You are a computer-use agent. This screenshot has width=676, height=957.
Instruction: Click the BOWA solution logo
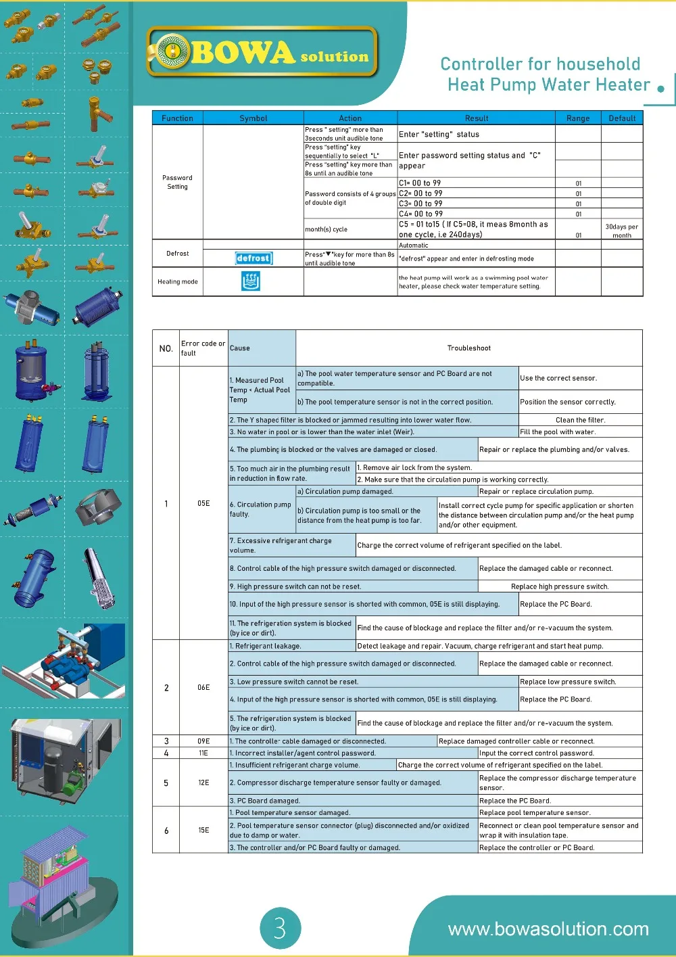(262, 52)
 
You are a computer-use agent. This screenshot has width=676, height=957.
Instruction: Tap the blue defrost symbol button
(254, 258)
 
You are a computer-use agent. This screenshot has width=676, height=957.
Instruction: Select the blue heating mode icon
(251, 281)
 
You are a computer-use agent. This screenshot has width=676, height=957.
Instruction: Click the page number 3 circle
(280, 927)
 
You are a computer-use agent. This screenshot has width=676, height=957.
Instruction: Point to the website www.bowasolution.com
(548, 929)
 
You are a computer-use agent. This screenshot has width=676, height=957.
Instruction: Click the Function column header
(177, 118)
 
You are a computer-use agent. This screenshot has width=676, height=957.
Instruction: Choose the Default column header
(622, 118)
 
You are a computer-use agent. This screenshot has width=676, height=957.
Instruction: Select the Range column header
(578, 118)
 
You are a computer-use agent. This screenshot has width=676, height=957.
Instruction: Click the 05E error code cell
(203, 503)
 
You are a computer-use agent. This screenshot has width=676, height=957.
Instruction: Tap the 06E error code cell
(203, 687)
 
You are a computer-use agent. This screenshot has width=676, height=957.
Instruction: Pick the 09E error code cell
(203, 741)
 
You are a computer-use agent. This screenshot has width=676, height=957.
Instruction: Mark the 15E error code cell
(203, 830)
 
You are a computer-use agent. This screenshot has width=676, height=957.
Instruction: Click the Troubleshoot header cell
(469, 348)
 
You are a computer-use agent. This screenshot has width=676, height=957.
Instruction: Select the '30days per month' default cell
(621, 231)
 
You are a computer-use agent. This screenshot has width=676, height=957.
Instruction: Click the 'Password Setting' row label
(177, 182)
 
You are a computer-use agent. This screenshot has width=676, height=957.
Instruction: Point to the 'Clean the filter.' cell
(580, 420)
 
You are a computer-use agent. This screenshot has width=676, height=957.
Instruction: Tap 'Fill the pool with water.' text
(558, 431)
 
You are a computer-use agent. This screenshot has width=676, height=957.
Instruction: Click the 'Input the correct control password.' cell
(537, 753)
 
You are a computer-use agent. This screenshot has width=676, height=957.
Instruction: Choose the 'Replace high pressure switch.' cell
(560, 586)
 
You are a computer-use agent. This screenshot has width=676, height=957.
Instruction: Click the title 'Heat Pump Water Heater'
(548, 85)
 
